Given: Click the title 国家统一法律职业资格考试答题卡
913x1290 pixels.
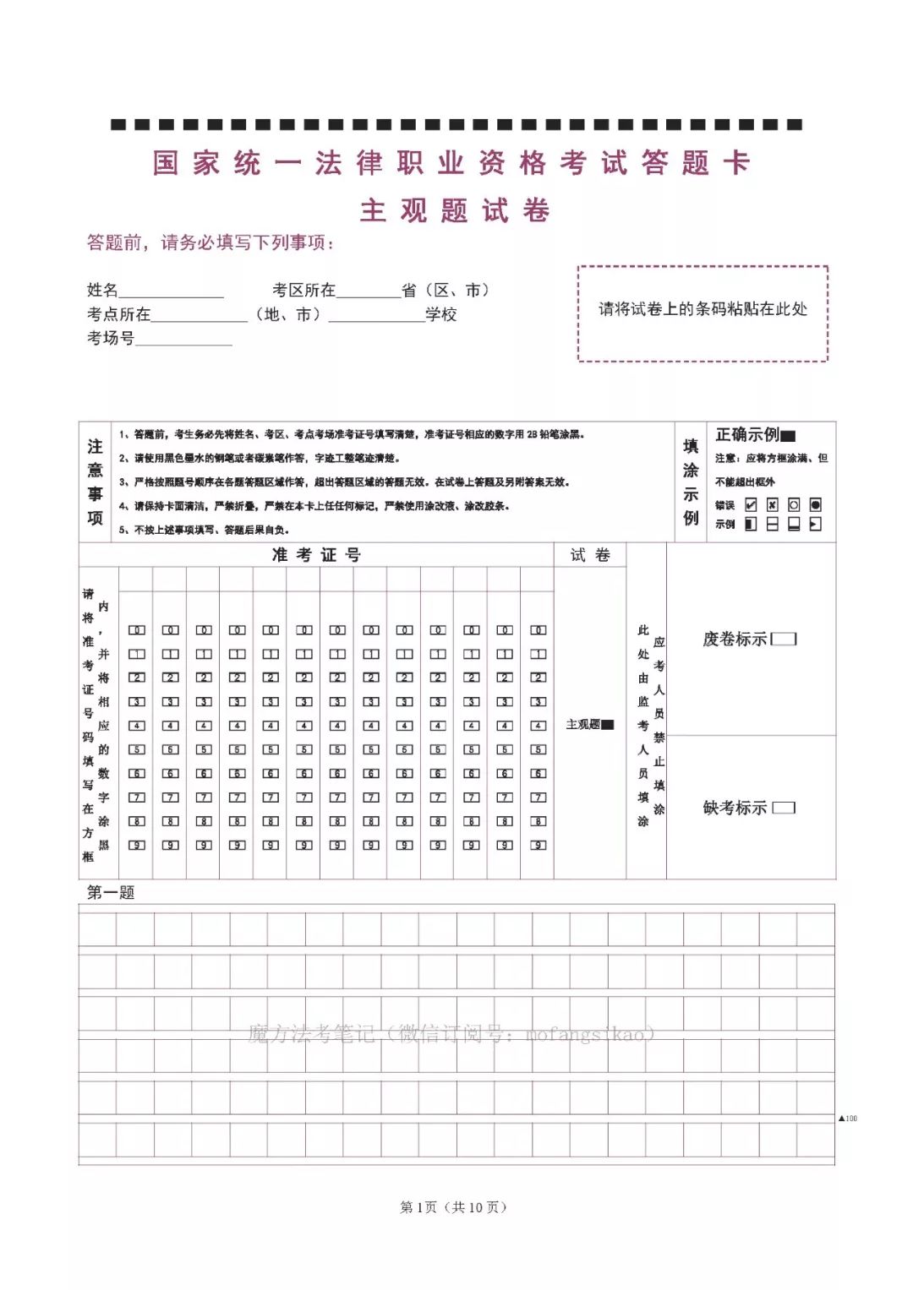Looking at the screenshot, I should coord(451,163).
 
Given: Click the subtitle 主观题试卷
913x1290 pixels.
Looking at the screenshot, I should coord(455,210).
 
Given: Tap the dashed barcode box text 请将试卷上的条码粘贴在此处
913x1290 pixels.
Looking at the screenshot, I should coord(703,309).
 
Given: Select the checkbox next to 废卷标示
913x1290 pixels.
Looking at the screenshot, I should coord(784,639).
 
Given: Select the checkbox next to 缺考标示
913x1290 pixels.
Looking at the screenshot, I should coord(784,808).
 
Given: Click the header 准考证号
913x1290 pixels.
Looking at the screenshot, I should coord(316,555).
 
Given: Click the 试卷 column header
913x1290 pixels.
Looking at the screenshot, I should coord(590,555).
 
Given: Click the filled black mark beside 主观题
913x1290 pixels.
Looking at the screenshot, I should coord(608,725).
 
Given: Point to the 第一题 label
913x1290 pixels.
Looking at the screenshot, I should coord(111,892).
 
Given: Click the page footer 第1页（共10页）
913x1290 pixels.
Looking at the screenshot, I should coord(454,1207).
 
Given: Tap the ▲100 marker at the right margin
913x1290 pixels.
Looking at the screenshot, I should coord(848,1118).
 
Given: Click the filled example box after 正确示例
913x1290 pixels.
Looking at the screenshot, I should coord(788,436).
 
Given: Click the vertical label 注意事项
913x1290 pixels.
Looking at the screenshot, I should coord(95,482).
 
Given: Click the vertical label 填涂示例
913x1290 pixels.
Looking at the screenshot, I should coord(691,482).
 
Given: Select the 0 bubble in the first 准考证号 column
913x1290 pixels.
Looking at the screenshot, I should coord(137,630).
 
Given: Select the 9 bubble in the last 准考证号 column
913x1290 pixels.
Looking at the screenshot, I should coord(539,845).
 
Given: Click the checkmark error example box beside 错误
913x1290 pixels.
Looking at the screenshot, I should coord(751,504).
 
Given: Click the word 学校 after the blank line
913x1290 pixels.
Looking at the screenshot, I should coord(441,315).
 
